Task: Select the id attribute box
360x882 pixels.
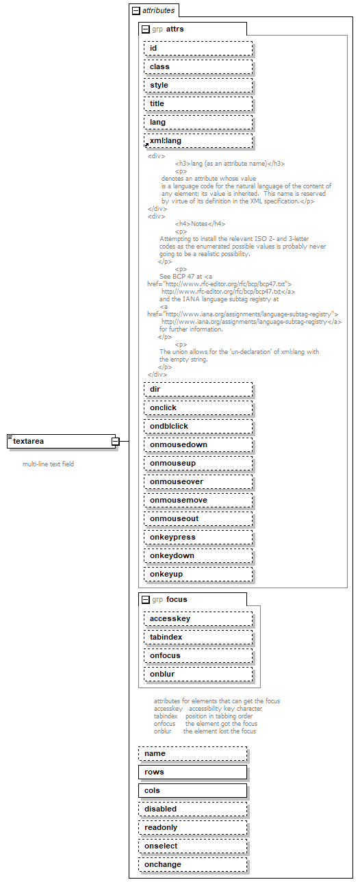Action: pos(198,48)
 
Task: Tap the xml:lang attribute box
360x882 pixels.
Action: pos(198,140)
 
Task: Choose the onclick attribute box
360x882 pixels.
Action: pos(198,407)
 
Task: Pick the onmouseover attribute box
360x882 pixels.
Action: pos(198,481)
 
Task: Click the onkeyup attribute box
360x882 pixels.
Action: pos(198,574)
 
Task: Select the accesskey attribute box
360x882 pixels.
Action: pos(198,618)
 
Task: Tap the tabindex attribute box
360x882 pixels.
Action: pos(198,637)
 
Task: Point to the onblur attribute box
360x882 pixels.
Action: pos(198,674)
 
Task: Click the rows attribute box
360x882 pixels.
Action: pos(192,772)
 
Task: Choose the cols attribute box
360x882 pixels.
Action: pos(192,790)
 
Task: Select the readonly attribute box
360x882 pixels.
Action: pos(192,827)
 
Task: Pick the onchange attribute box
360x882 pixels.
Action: pos(192,864)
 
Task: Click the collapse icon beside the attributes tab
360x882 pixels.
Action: pos(136,11)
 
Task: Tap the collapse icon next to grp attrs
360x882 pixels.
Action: pos(145,29)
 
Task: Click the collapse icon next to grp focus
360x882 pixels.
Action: pos(145,600)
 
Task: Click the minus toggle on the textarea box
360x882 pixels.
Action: pos(116,442)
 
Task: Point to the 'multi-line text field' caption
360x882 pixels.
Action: pos(48,464)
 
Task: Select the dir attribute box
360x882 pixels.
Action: pos(198,389)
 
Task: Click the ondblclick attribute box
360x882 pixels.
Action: pos(198,426)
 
